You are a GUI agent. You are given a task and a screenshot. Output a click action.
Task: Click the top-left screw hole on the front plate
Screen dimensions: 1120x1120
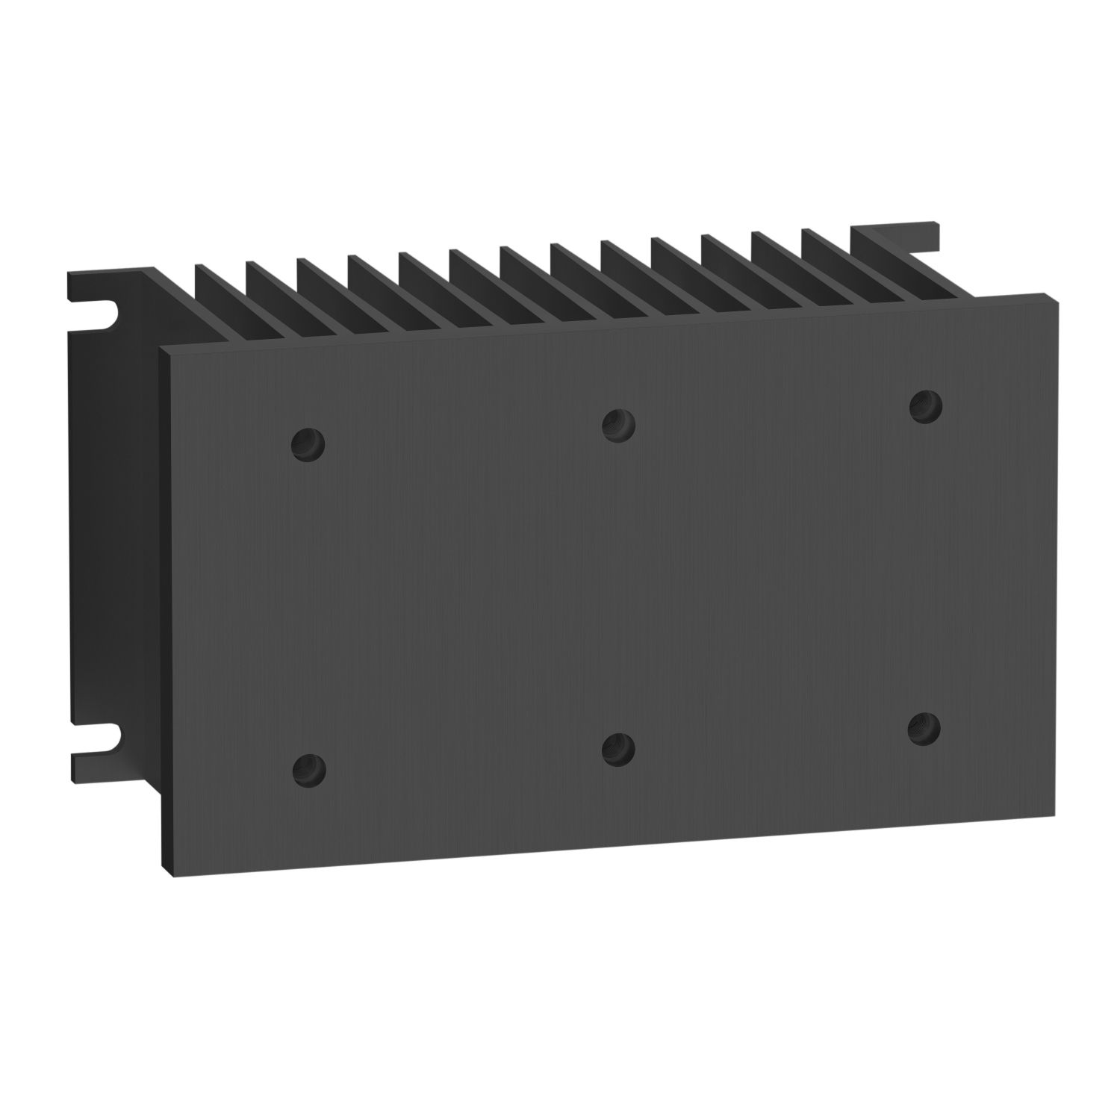click(308, 446)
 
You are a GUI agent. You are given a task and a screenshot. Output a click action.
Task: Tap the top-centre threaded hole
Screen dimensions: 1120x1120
click(618, 425)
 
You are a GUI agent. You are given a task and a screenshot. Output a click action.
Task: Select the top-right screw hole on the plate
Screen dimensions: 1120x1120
click(926, 405)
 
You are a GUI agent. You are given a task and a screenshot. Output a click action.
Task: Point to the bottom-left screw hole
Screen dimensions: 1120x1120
click(309, 770)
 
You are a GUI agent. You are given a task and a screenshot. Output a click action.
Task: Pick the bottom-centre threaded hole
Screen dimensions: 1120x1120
click(618, 749)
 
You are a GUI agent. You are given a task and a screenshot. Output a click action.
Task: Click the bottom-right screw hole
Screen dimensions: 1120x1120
click(924, 728)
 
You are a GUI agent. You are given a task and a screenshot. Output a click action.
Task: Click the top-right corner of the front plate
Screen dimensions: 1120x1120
click(1055, 296)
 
